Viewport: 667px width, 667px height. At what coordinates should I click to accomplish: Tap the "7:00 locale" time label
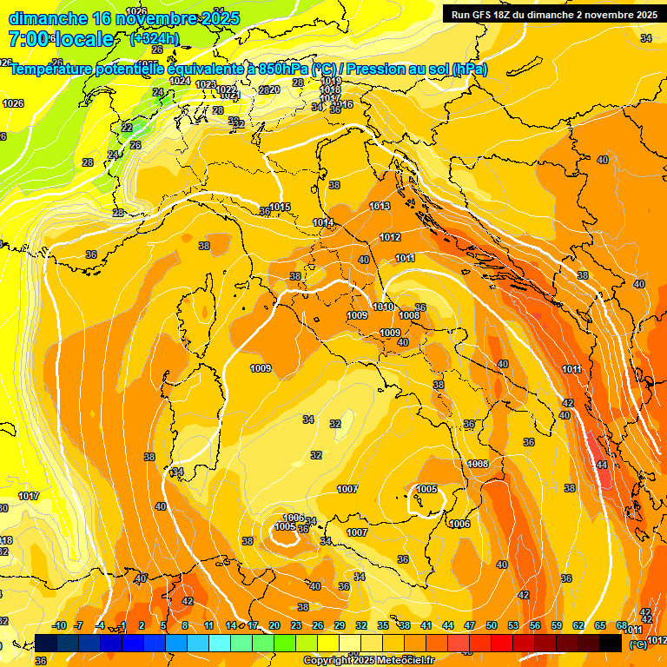point(61,39)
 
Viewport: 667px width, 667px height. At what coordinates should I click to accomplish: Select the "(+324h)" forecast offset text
point(155,39)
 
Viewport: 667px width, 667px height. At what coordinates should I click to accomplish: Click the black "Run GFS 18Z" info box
point(554,14)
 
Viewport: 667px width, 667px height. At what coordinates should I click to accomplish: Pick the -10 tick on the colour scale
point(59,625)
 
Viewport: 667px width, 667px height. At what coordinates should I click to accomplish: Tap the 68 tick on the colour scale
point(622,625)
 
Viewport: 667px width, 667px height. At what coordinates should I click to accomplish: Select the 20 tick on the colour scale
point(274,625)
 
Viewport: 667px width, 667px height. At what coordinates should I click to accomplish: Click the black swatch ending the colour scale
point(611,643)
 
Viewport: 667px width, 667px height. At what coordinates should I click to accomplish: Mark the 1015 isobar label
point(280,207)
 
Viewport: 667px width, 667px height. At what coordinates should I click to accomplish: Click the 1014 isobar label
point(323,223)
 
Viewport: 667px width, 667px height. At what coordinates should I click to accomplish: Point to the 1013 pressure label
point(380,206)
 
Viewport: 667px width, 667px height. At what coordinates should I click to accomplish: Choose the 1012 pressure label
point(390,237)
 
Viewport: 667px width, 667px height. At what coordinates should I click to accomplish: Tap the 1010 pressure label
point(383,307)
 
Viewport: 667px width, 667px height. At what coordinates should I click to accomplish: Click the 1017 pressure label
point(29,496)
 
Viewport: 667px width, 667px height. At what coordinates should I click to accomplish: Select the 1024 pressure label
point(180,81)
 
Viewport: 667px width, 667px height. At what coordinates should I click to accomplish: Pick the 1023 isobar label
point(206,84)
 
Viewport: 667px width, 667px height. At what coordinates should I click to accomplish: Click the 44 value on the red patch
point(602,465)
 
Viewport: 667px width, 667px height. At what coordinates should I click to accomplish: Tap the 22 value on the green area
point(127,128)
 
